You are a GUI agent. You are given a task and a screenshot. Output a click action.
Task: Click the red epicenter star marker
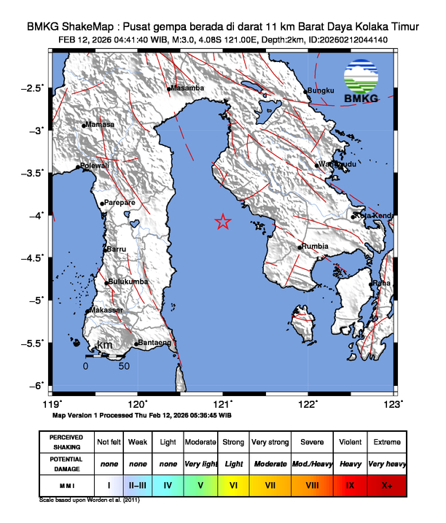point(224,222)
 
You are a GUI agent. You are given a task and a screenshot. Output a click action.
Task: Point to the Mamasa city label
point(101,125)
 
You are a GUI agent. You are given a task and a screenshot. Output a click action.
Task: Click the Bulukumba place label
point(129,282)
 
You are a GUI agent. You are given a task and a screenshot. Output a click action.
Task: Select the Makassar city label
point(106,311)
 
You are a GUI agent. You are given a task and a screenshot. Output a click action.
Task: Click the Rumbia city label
point(316,247)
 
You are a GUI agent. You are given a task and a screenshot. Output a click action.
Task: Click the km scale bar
point(104,357)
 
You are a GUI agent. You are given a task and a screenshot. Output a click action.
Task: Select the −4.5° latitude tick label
point(33,257)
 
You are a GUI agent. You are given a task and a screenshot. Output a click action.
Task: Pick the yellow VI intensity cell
point(232,484)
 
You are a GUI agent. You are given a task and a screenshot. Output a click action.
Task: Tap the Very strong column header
point(270,442)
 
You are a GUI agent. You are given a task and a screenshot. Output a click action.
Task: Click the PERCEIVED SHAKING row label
point(66,442)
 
